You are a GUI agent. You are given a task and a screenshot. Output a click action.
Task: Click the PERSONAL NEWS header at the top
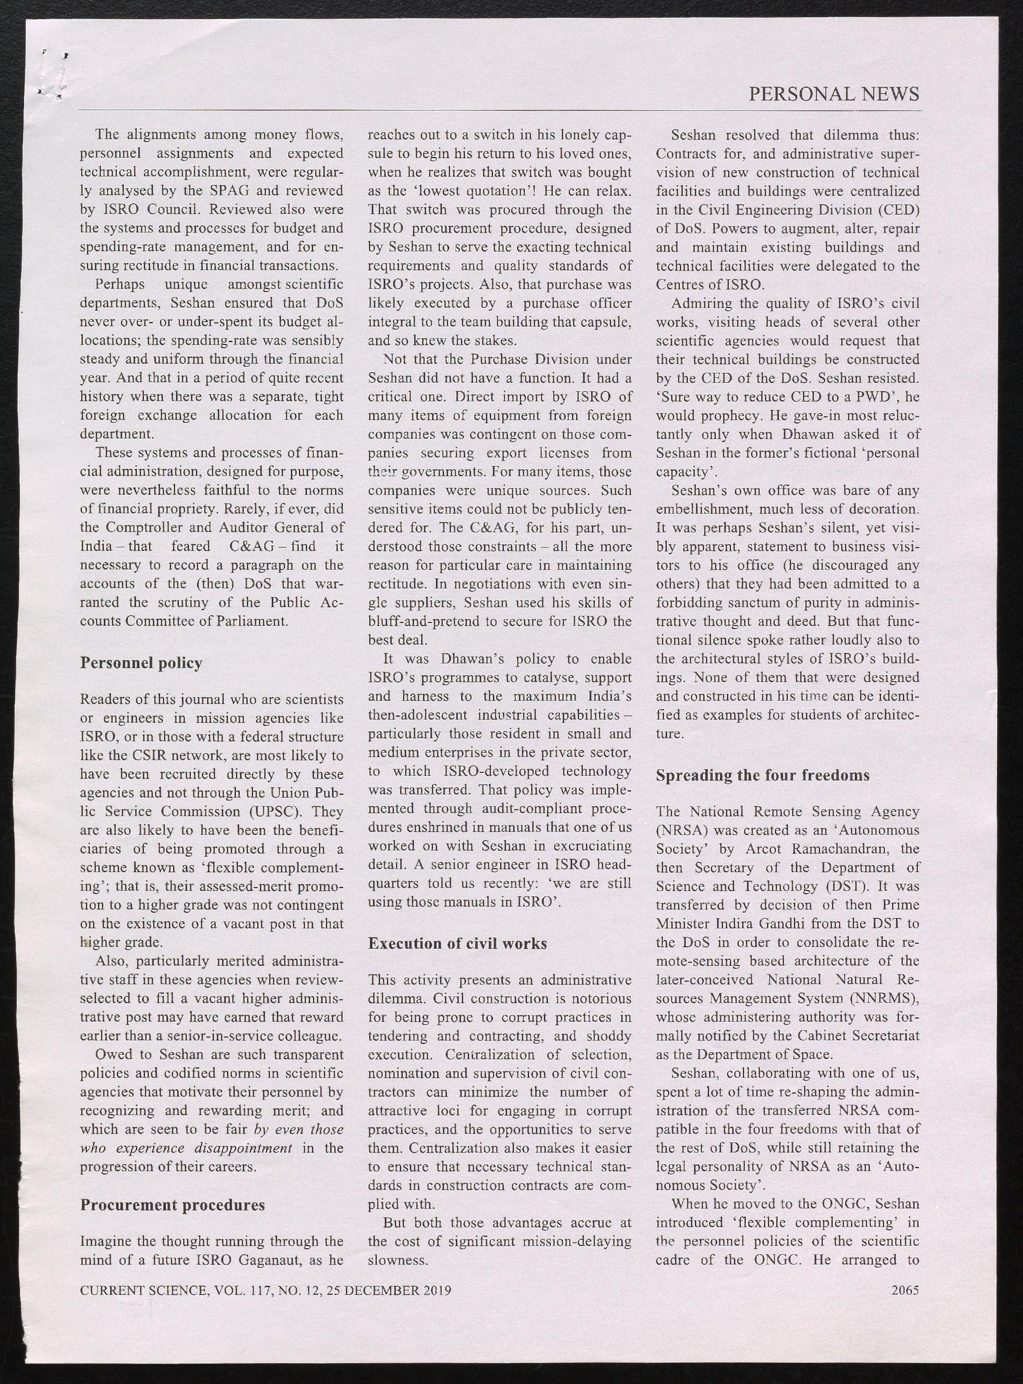pyautogui.click(x=834, y=94)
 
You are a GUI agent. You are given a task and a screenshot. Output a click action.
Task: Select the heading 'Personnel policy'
pyautogui.click(x=141, y=663)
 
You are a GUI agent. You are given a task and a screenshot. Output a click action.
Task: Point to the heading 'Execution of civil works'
pyautogui.click(x=458, y=944)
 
